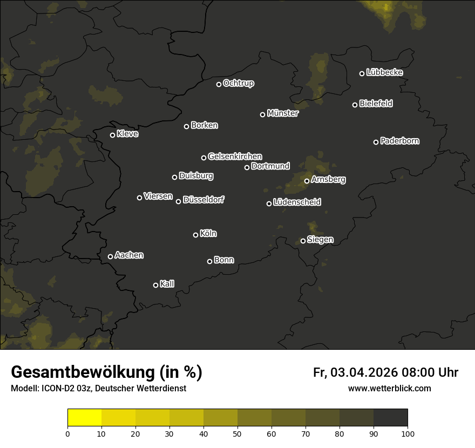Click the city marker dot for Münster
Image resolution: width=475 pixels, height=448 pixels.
click(263, 114)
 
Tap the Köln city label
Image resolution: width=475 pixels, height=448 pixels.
click(208, 234)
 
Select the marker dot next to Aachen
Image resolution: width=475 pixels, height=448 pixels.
click(111, 256)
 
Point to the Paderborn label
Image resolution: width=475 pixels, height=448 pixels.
click(400, 141)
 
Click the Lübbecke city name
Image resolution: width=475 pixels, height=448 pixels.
click(384, 72)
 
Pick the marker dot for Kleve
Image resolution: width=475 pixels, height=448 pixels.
click(113, 135)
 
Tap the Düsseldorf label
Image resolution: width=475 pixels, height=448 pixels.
click(203, 200)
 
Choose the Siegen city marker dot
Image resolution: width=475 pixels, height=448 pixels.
click(303, 241)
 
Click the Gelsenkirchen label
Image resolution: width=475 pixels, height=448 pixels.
click(235, 157)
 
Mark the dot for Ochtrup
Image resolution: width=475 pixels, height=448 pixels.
click(219, 84)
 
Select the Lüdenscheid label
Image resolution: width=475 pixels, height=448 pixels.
click(297, 202)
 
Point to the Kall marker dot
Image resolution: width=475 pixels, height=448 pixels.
click(155, 285)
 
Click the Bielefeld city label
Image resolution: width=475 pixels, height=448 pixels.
click(376, 104)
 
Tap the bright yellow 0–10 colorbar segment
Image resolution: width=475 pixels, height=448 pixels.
click(85, 418)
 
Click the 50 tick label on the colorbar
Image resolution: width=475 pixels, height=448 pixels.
click(237, 433)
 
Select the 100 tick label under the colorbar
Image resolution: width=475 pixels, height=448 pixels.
click(408, 433)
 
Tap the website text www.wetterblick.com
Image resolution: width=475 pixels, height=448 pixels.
click(389, 388)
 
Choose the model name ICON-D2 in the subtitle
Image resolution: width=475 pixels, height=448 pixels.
click(56, 389)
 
